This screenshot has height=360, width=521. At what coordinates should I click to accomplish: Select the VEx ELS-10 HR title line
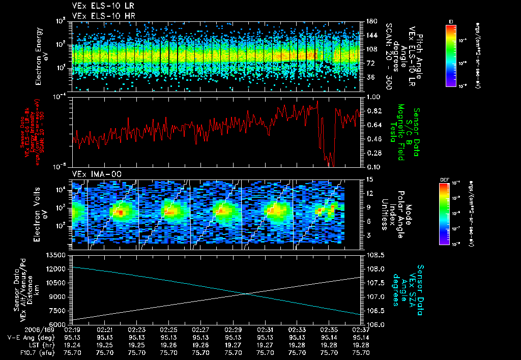pos(96,16)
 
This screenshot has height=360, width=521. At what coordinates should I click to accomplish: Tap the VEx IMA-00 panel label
pos(90,174)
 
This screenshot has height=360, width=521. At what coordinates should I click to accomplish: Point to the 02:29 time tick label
pos(233,329)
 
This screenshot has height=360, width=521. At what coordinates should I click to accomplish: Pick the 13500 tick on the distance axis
pos(56,254)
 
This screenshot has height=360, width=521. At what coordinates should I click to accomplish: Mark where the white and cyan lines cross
pos(247,293)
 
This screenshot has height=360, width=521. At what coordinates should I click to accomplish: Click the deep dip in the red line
pos(330,163)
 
